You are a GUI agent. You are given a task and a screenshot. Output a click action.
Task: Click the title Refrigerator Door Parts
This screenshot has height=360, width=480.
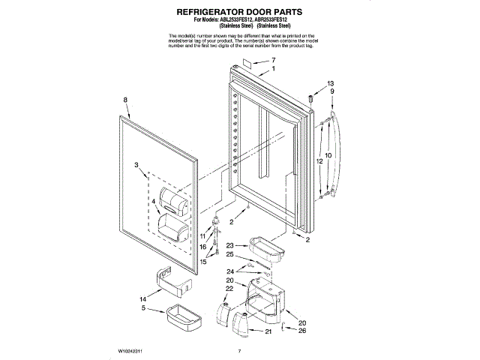pyautogui.click(x=239, y=13)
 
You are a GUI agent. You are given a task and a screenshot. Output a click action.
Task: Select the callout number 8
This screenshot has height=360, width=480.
pyautogui.click(x=125, y=100)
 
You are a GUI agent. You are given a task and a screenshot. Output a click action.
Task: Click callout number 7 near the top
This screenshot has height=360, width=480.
pyautogui.click(x=273, y=60)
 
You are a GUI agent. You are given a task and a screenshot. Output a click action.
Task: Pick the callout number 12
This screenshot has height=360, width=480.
pyautogui.click(x=318, y=160)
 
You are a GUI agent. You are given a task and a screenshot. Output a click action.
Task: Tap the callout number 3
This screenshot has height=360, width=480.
pyautogui.click(x=136, y=164)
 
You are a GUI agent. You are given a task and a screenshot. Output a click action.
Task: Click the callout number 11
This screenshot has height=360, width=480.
pyautogui.click(x=202, y=236)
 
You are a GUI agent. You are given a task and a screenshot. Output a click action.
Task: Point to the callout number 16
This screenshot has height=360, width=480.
pyautogui.click(x=202, y=246)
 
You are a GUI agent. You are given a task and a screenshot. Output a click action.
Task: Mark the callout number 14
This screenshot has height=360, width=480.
pyautogui.click(x=145, y=298)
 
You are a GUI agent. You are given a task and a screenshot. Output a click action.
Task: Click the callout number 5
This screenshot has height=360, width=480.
pyautogui.click(x=143, y=308)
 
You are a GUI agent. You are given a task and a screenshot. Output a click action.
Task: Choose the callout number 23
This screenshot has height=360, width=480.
pyautogui.click(x=230, y=245)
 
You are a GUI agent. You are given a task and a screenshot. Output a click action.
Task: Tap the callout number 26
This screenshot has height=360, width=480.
pyautogui.click(x=301, y=331)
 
